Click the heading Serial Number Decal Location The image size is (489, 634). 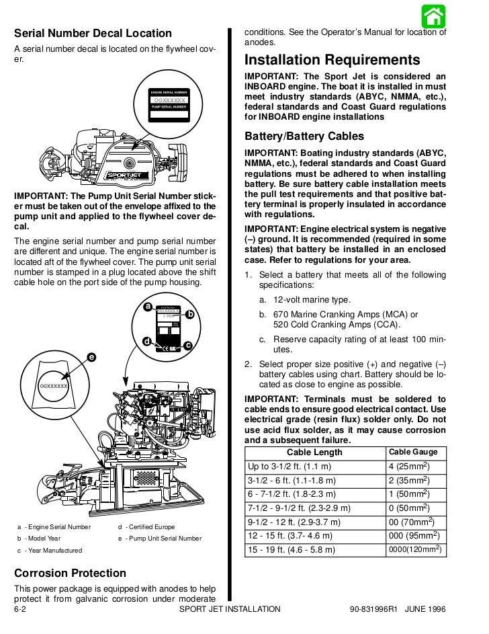click(93, 34)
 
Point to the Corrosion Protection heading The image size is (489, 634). click(70, 573)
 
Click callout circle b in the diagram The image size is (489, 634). click(190, 314)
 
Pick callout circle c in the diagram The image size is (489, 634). click(188, 346)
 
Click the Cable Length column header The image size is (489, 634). click(314, 452)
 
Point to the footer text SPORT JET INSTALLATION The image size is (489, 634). click(230, 609)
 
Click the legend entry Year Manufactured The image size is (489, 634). click(52, 551)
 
